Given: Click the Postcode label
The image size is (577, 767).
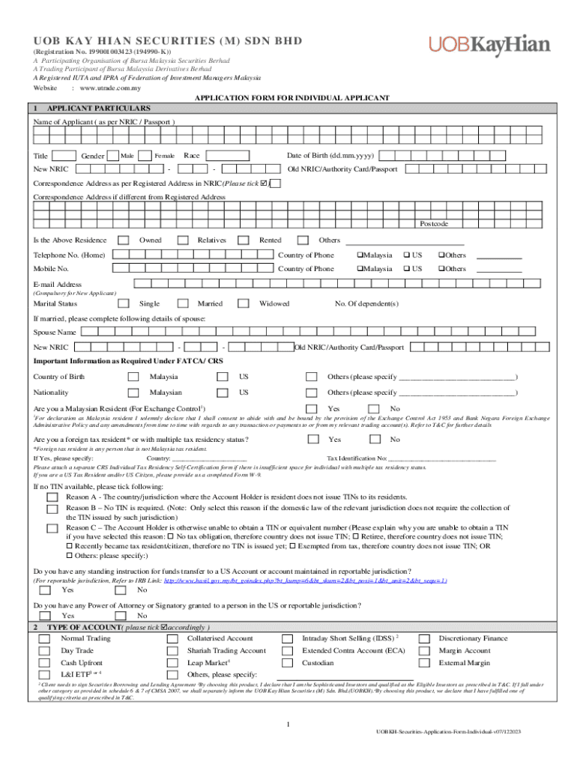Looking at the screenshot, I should click(x=434, y=224).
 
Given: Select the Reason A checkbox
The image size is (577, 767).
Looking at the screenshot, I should click(x=51, y=497).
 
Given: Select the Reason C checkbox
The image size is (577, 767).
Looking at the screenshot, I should click(x=51, y=528).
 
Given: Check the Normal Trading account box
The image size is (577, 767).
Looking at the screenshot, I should click(x=45, y=638).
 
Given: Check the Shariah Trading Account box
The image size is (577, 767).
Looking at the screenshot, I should click(x=172, y=651).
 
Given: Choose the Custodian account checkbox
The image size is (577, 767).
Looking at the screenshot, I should click(x=287, y=663).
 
